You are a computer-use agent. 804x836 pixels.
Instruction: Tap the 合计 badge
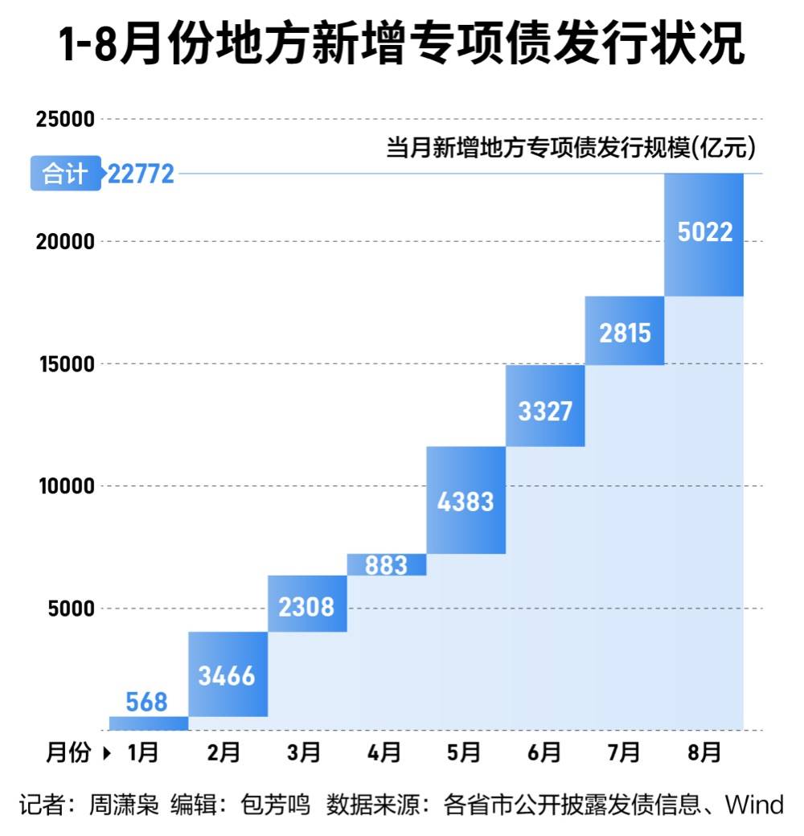point(65,173)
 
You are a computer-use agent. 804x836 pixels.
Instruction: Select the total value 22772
point(141,174)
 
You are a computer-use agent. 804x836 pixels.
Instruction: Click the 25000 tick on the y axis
point(66,120)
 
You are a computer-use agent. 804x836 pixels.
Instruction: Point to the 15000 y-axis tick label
point(66,364)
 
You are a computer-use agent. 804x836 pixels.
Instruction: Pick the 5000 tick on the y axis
point(72,609)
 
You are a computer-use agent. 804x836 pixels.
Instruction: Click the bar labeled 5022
point(704,234)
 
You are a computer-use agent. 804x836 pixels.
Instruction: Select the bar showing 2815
point(625,330)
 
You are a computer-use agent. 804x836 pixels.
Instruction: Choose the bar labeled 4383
point(466,500)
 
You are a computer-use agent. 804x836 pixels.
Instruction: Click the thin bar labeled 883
point(387,565)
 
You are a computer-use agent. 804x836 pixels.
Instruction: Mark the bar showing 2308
point(307,604)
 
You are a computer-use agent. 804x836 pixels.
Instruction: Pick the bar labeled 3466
point(228,674)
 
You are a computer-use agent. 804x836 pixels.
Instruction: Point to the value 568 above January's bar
point(147,703)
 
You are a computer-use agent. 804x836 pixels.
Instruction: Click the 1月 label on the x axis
point(144,753)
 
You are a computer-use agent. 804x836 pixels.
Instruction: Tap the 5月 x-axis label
point(464,753)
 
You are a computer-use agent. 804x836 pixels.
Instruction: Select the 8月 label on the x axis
point(704,753)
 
